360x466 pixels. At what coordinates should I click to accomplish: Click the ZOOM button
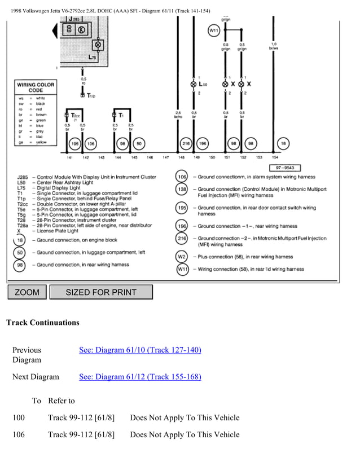27,292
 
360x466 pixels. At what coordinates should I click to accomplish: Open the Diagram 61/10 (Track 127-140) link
140,350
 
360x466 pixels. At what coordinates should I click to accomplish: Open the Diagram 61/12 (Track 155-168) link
140,377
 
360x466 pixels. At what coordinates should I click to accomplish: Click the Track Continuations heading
42,323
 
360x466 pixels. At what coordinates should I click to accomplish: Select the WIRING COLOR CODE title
36,87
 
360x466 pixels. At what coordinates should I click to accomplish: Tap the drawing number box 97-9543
284,168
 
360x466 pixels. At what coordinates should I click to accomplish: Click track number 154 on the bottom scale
275,157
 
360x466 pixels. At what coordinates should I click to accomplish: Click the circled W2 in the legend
182,257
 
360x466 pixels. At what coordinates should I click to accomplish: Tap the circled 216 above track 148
185,144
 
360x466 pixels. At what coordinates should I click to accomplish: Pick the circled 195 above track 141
74,144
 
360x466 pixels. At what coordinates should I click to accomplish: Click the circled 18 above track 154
284,144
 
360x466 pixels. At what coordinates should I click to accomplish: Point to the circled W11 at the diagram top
213,30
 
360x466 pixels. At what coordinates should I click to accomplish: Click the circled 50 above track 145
139,144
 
